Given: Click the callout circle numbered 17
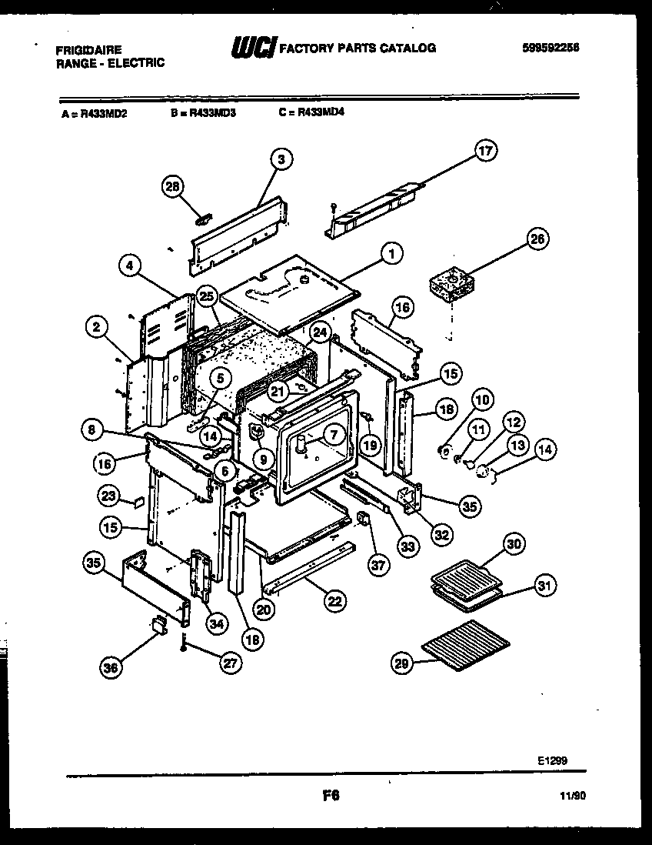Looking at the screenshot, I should click(485, 152).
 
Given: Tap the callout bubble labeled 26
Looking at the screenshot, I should click(537, 239).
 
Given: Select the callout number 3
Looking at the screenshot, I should click(281, 159).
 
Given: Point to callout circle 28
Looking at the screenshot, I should click(174, 187).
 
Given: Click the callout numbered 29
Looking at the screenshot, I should click(403, 664).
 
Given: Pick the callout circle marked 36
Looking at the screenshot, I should click(111, 669).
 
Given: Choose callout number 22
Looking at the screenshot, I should click(334, 601).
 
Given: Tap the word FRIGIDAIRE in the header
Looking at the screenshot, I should click(88, 48).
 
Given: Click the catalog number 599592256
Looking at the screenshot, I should click(549, 48).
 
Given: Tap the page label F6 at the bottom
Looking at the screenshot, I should click(331, 797).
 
